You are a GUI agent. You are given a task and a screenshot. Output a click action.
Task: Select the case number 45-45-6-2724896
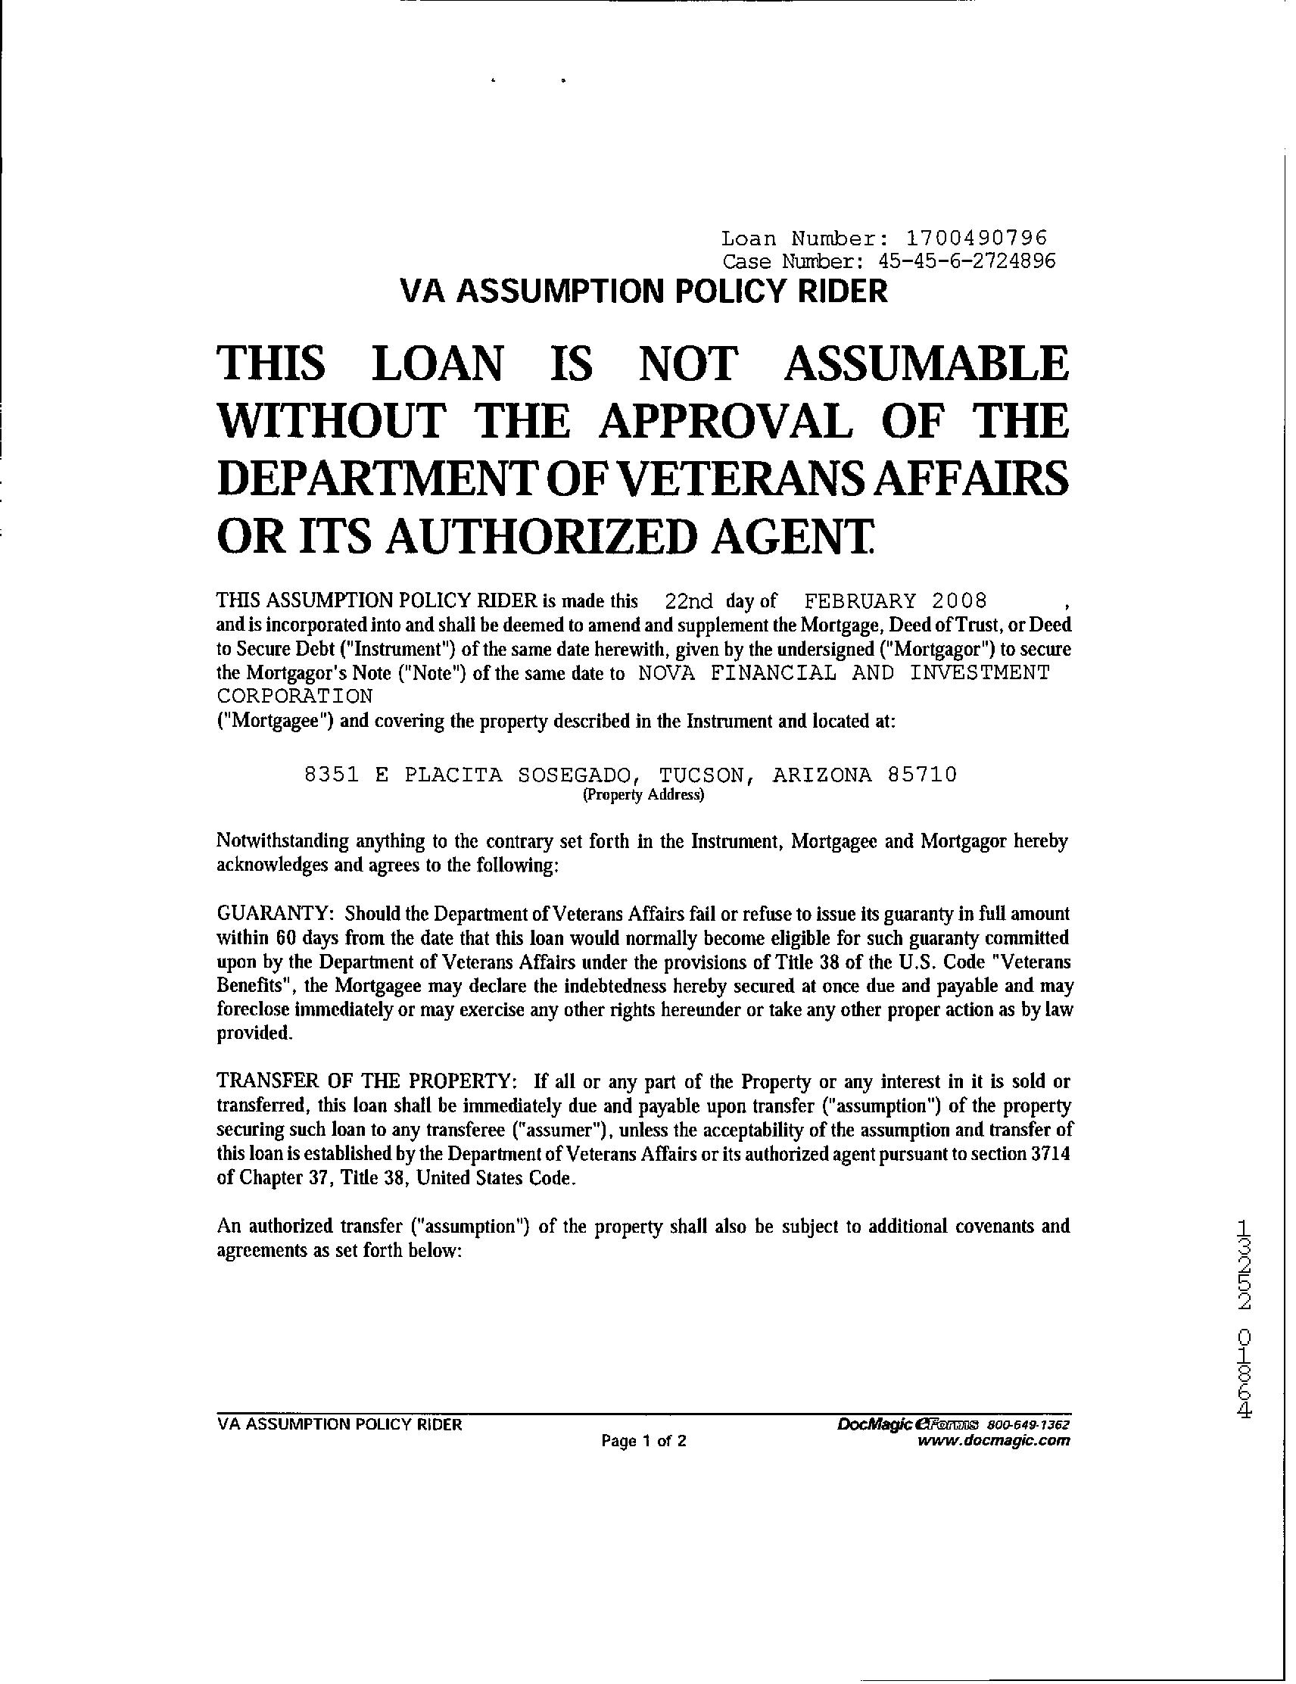966,260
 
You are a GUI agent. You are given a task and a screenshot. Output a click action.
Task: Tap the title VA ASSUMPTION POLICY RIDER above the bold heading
643,292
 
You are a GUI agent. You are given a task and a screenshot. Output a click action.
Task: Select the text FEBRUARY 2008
895,600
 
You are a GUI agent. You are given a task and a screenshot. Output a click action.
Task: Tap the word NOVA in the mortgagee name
667,673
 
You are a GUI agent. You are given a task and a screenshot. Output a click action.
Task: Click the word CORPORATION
294,696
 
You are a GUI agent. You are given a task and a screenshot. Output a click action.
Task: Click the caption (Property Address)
643,795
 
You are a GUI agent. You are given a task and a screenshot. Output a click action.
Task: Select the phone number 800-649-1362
1028,1424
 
